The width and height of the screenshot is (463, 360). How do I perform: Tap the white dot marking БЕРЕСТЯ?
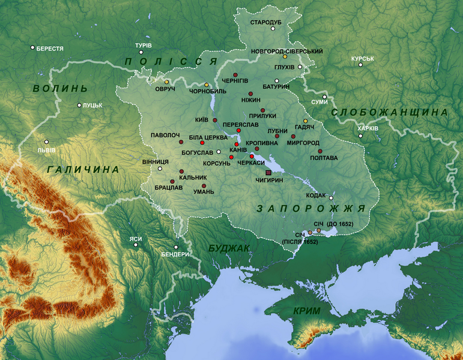32,47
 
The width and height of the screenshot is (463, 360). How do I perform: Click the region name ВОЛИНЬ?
60,89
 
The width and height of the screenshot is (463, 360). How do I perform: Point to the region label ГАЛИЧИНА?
83,170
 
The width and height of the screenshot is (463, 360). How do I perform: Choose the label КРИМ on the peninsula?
307,311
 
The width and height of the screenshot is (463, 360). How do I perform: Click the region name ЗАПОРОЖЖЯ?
311,208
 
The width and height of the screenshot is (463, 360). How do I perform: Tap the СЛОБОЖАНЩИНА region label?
390,112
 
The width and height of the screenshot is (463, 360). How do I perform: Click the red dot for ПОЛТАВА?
320,151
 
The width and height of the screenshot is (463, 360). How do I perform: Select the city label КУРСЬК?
362,59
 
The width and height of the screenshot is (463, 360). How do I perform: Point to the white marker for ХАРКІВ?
361,136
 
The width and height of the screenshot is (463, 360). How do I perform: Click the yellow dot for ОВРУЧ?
167,81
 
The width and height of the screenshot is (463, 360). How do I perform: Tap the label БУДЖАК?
229,248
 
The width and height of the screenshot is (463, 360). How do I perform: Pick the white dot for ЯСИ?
136,245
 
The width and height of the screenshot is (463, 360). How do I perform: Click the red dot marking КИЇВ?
214,120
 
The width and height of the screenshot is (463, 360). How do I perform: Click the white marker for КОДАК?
330,199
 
